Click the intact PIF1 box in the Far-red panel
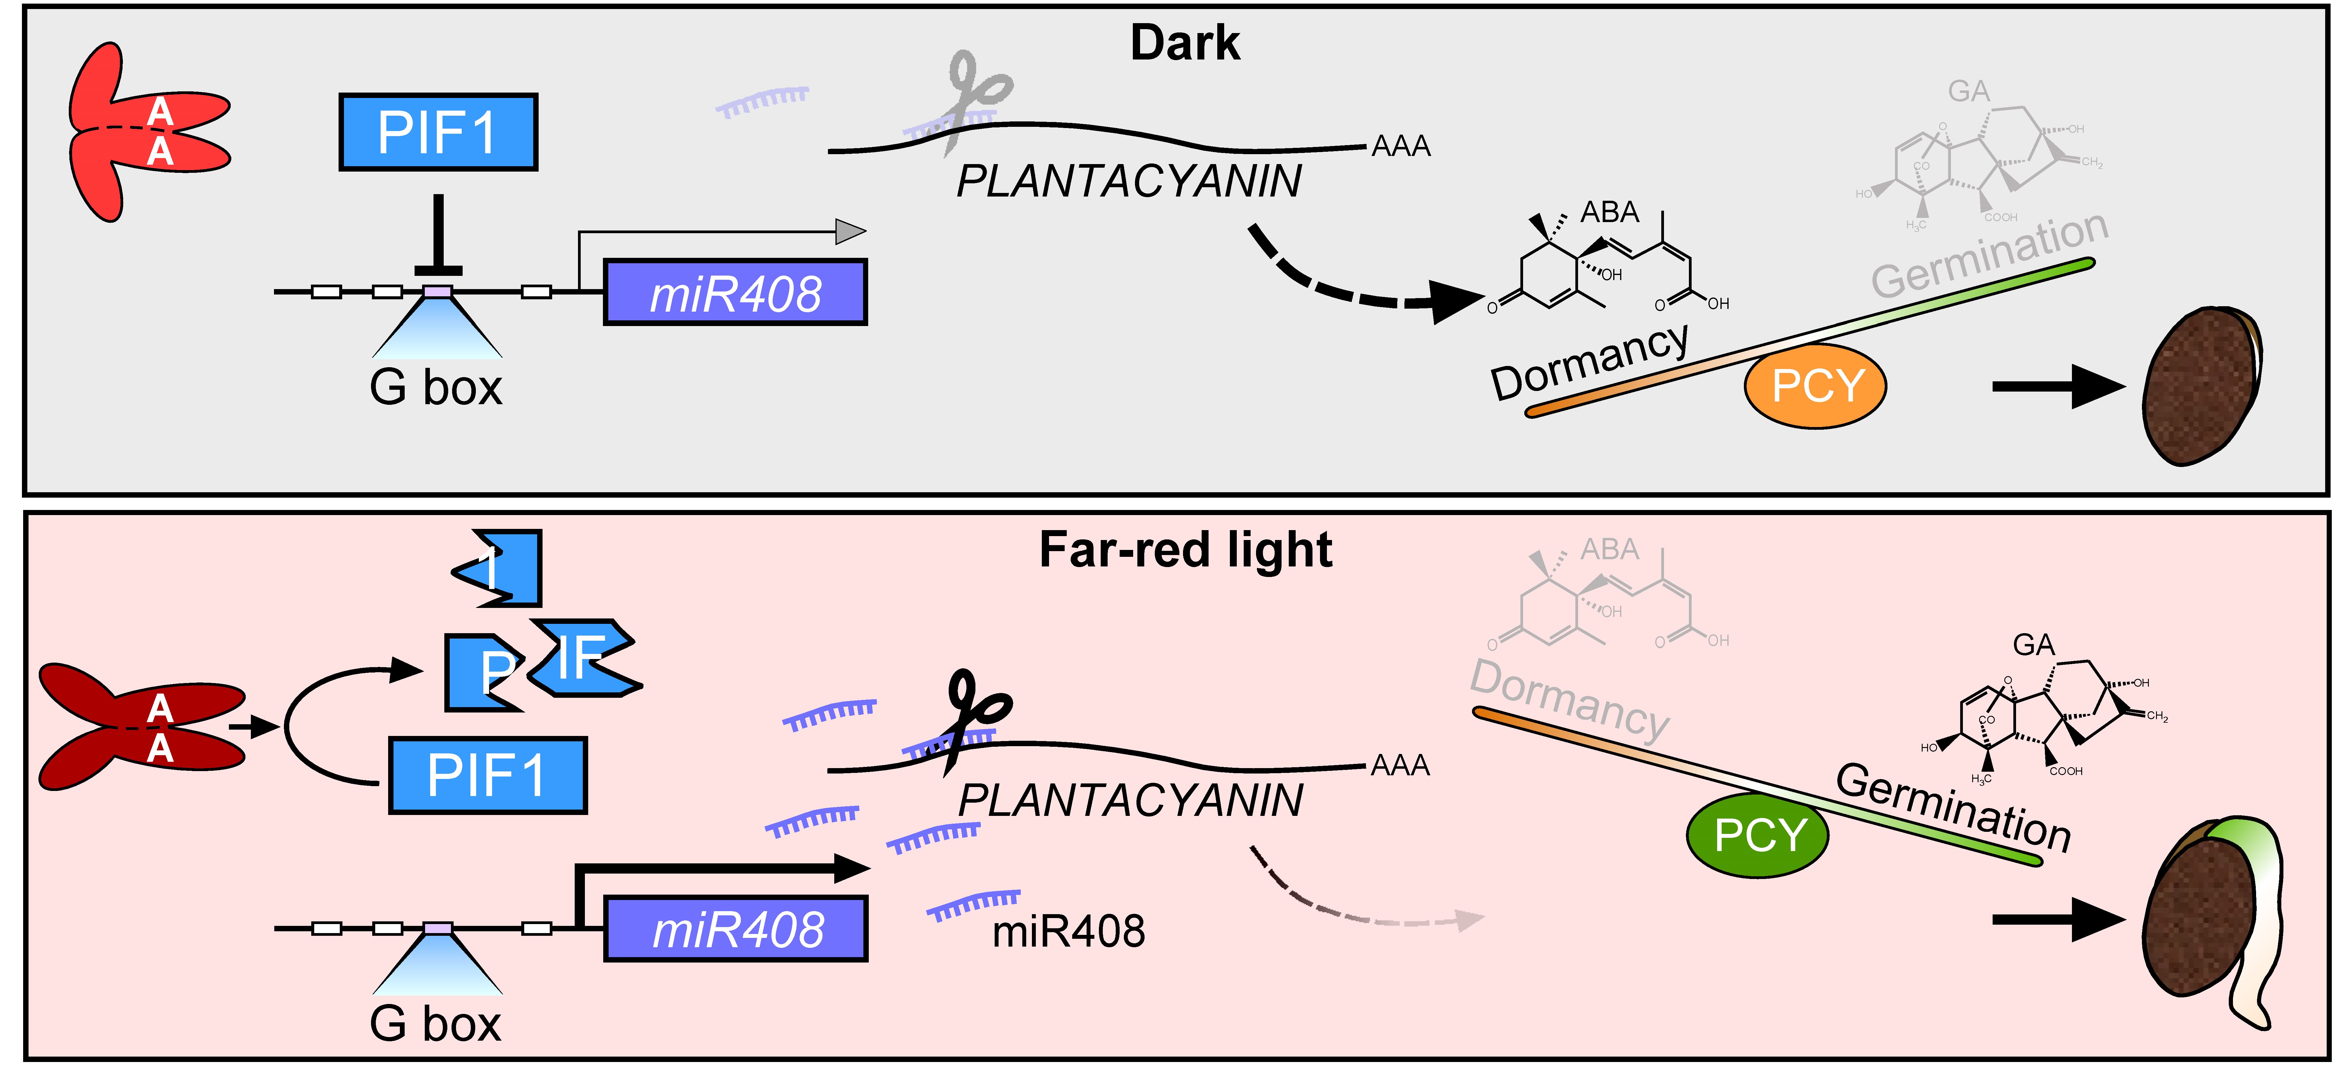(x=487, y=775)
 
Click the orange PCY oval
(x=1815, y=386)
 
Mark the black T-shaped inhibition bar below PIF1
(x=438, y=236)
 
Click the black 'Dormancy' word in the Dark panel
(x=1589, y=362)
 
